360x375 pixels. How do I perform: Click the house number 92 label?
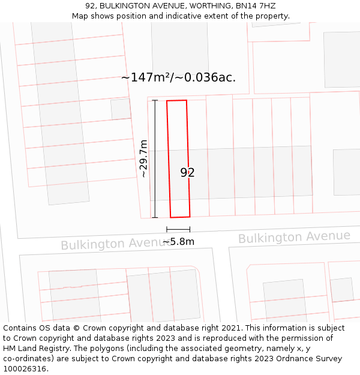187,173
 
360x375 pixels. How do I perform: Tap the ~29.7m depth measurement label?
143,158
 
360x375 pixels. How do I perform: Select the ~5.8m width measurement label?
178,241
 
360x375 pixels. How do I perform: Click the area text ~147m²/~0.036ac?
178,77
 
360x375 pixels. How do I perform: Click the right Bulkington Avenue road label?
294,237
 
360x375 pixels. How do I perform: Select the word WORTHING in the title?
205,6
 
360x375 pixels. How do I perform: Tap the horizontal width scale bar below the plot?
178,229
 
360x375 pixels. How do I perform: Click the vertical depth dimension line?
155,158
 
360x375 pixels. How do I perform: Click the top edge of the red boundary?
176,101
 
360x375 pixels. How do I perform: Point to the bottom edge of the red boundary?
180,217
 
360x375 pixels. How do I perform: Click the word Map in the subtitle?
80,16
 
